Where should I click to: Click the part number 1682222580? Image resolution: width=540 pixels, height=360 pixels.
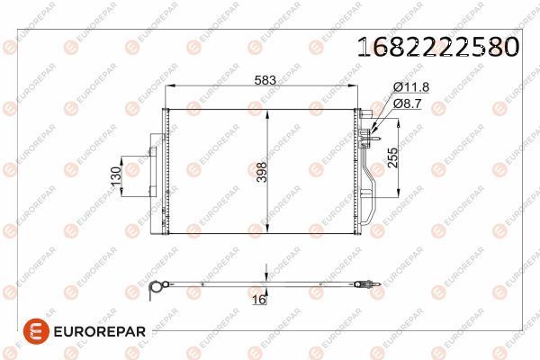(x=438, y=46)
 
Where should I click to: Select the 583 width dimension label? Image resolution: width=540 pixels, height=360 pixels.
(x=265, y=80)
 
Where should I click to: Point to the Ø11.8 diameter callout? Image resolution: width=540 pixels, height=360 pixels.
(x=409, y=87)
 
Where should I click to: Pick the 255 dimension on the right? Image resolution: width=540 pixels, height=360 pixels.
(x=391, y=159)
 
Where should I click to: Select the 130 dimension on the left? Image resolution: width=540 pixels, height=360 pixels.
(x=115, y=176)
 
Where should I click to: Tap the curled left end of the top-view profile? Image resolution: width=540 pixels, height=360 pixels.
(x=156, y=288)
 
